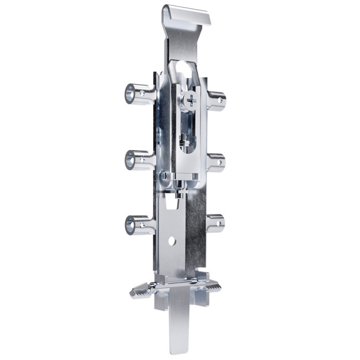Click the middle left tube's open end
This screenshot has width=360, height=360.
point(132,161)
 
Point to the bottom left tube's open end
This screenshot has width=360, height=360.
point(132,225)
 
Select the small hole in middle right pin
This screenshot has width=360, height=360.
point(221,163)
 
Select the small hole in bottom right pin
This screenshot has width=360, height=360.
point(220,223)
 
